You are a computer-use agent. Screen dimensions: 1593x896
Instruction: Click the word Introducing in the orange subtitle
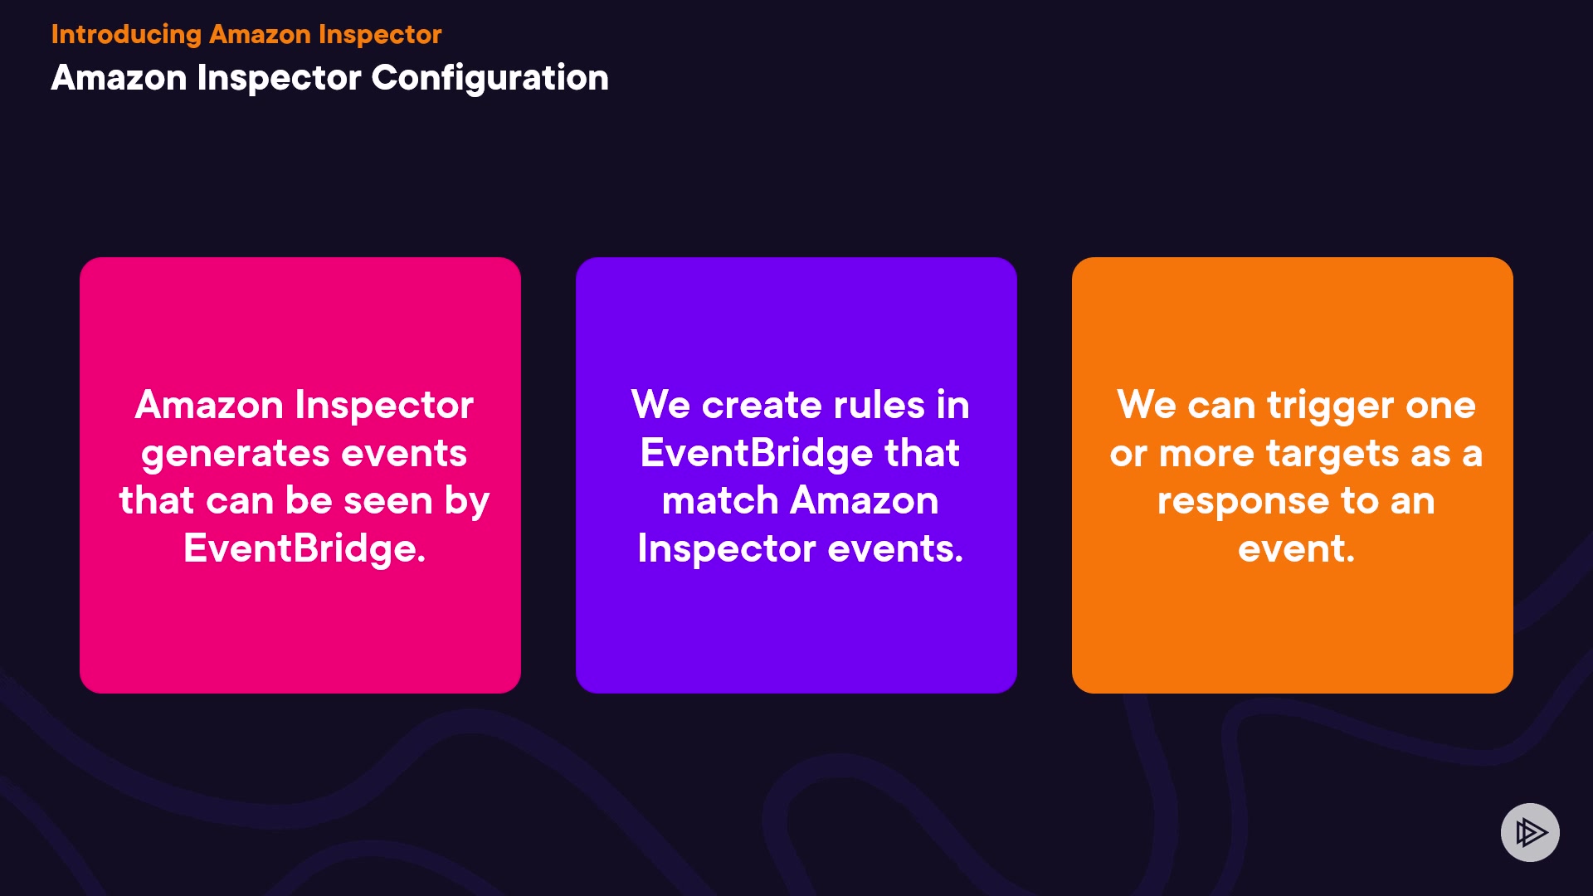(126, 35)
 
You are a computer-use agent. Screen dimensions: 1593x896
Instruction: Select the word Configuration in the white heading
(490, 79)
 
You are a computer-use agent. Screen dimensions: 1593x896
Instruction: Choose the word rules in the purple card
(879, 405)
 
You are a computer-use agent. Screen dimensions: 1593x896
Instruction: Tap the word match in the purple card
(719, 501)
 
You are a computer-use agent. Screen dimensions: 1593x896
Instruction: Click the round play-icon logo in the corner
(1530, 832)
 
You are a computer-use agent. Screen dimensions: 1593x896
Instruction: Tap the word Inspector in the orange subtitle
(380, 35)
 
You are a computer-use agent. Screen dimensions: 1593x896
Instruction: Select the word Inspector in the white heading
(279, 79)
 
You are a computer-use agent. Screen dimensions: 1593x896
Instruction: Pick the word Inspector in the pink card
(384, 406)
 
